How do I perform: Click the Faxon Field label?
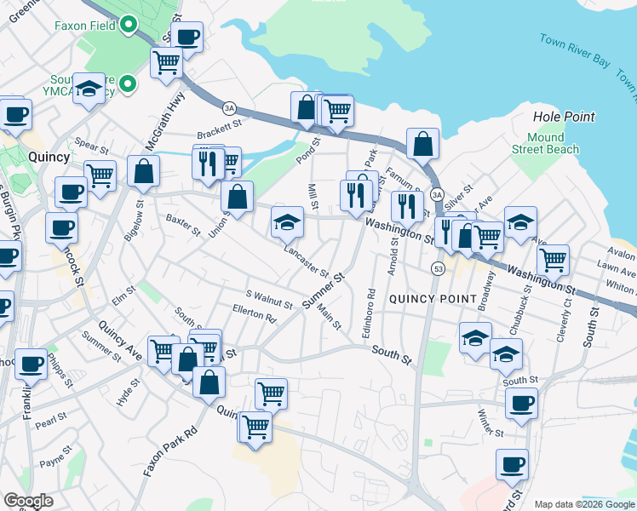pos(85,26)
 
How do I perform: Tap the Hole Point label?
pos(563,116)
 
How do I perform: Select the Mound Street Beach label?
pos(544,143)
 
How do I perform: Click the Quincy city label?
pos(49,157)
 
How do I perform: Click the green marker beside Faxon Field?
pos(129,25)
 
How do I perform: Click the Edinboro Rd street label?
pos(368,314)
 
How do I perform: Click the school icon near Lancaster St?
pos(288,223)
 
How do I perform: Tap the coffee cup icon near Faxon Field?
pos(187,37)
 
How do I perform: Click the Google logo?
pos(28,501)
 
